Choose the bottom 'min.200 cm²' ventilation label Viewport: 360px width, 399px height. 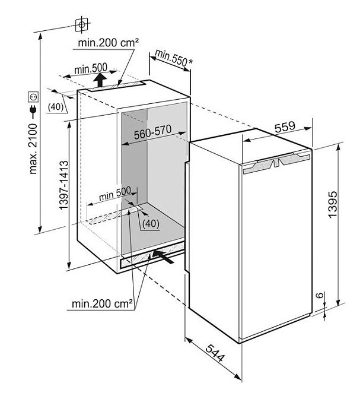[101, 305]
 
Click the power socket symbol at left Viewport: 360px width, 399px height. [33, 96]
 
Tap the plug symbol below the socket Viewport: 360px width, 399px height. [33, 111]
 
